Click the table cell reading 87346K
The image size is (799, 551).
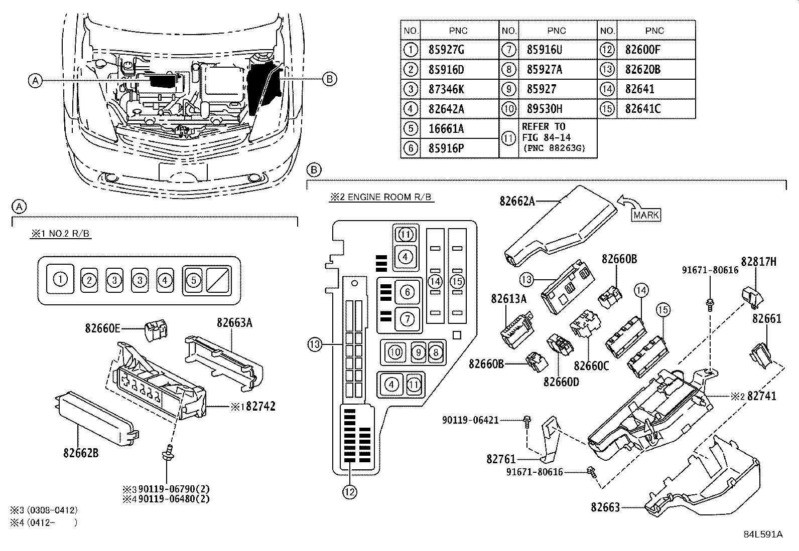click(x=446, y=89)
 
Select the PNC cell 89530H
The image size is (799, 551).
click(x=545, y=109)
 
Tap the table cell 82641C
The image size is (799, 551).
click(x=643, y=109)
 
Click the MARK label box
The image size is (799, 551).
click(x=646, y=215)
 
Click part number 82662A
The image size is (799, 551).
click(x=517, y=202)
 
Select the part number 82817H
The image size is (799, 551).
click(x=759, y=262)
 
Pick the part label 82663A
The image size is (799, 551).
click(x=234, y=322)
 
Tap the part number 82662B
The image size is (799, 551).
click(x=81, y=453)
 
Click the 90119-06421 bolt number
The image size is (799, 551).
click(x=470, y=420)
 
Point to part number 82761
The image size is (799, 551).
click(x=501, y=459)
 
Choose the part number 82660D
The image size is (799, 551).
click(x=561, y=382)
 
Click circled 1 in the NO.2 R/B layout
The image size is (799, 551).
click(x=60, y=279)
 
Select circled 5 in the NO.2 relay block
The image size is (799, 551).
click(x=194, y=280)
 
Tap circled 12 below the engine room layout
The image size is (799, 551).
click(x=349, y=492)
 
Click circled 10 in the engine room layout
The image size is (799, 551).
click(x=394, y=352)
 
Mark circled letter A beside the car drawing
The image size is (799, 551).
click(x=35, y=81)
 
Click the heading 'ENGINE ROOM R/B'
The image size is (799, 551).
click(x=389, y=197)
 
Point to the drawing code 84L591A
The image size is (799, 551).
click(x=763, y=534)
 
